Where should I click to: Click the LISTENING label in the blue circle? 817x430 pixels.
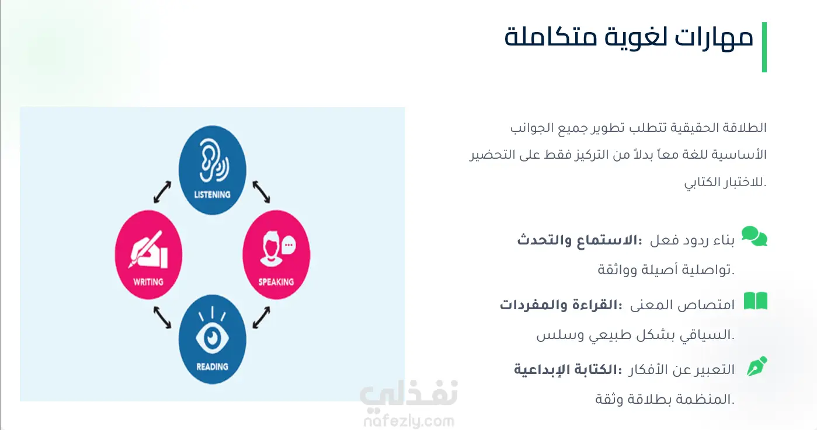point(212,195)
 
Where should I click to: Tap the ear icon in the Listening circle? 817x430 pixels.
point(213,160)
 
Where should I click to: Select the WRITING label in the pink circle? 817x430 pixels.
point(148,282)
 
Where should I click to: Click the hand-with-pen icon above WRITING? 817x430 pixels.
point(148,250)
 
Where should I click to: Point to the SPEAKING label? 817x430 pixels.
point(276,282)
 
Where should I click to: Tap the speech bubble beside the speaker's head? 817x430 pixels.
point(289,244)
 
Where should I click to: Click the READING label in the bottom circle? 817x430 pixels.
point(212,366)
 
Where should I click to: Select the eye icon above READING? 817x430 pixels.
point(212,331)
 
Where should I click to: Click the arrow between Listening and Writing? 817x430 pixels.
point(162,192)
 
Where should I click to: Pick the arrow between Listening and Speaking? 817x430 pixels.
point(261,192)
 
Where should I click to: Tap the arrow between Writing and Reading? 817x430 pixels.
point(162,317)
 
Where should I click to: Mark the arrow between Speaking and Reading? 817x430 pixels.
point(261,317)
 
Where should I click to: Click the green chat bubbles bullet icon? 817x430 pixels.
point(755,236)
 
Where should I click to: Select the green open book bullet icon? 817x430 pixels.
point(755,300)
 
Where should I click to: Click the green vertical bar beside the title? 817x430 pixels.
point(764,47)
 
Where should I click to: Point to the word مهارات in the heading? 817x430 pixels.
point(714,37)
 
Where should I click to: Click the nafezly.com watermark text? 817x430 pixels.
point(409,421)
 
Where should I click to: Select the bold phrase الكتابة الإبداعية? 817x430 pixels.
point(568,369)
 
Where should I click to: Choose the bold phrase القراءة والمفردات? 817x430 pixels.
point(561,305)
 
